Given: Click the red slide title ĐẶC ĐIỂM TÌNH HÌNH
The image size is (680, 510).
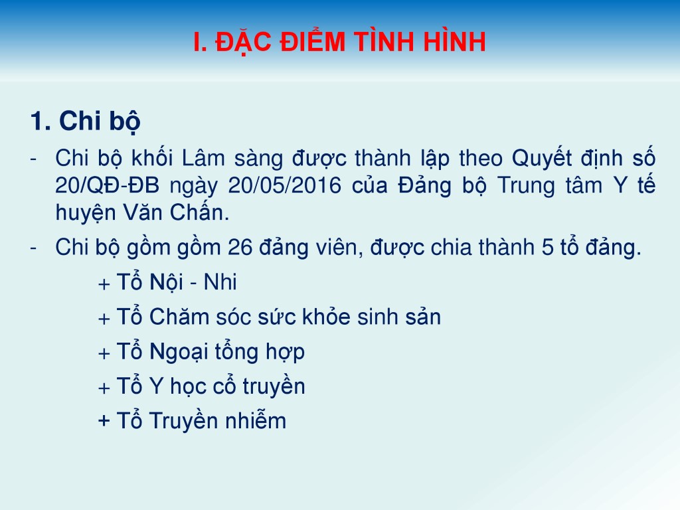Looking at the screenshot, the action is coord(351,42).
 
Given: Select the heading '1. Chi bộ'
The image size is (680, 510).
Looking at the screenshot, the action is coord(86,121).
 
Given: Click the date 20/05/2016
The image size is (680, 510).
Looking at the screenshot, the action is coord(285,186).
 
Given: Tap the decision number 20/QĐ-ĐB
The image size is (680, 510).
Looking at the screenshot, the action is coord(107,186).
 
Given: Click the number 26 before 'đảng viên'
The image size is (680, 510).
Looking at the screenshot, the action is coord(240,248).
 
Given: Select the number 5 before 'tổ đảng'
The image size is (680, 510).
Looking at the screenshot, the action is coord(548,248).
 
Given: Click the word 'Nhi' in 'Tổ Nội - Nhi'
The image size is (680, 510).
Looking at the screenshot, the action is coord(220,282).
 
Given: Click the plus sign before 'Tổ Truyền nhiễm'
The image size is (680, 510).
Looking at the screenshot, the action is coord(104,421).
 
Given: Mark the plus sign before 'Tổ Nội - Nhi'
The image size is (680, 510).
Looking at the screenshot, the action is coord(104,284).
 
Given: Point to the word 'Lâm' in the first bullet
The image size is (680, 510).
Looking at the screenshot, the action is coord(203,158).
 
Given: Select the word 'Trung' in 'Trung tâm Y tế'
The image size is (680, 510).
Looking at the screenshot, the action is coord(526,186).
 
